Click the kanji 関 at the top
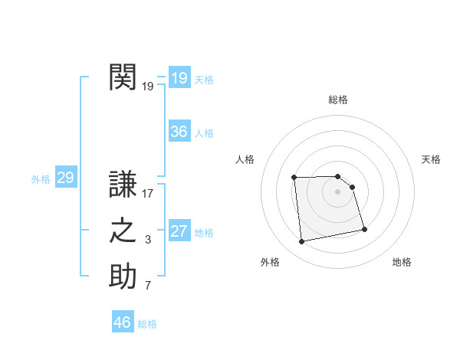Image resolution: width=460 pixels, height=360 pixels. click(123, 77)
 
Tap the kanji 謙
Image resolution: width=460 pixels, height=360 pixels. click(123, 185)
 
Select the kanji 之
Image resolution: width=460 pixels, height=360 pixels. click(123, 231)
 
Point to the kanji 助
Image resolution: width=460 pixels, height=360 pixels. click(123, 277)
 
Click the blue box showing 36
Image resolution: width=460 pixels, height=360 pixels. click(179, 132)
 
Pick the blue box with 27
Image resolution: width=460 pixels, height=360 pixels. click(179, 232)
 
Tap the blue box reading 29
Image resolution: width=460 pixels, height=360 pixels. click(65, 178)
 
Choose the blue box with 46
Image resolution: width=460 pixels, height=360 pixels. click(123, 322)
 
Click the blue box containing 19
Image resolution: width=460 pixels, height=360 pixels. click(179, 78)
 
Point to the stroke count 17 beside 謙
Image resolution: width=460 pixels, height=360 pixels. click(148, 194)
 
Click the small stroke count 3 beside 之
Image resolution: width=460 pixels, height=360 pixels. click(148, 241)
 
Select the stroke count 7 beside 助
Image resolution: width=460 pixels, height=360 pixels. click(148, 286)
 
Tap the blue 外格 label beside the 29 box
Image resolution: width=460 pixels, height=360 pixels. click(41, 179)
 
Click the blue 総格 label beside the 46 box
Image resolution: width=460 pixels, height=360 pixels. click(147, 324)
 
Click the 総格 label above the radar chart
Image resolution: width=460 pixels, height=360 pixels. click(338, 100)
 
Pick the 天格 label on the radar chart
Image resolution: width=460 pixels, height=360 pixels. click(432, 159)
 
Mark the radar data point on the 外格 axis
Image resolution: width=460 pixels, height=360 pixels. click(302, 242)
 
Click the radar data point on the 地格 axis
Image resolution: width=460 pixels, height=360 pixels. click(364, 229)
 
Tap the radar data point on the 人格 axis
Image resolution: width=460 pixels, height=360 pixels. click(294, 178)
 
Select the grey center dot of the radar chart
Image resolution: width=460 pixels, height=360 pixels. click(338, 191)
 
